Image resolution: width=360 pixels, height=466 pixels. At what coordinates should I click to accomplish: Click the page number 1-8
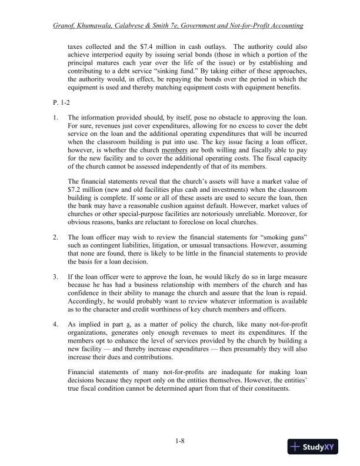180,442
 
